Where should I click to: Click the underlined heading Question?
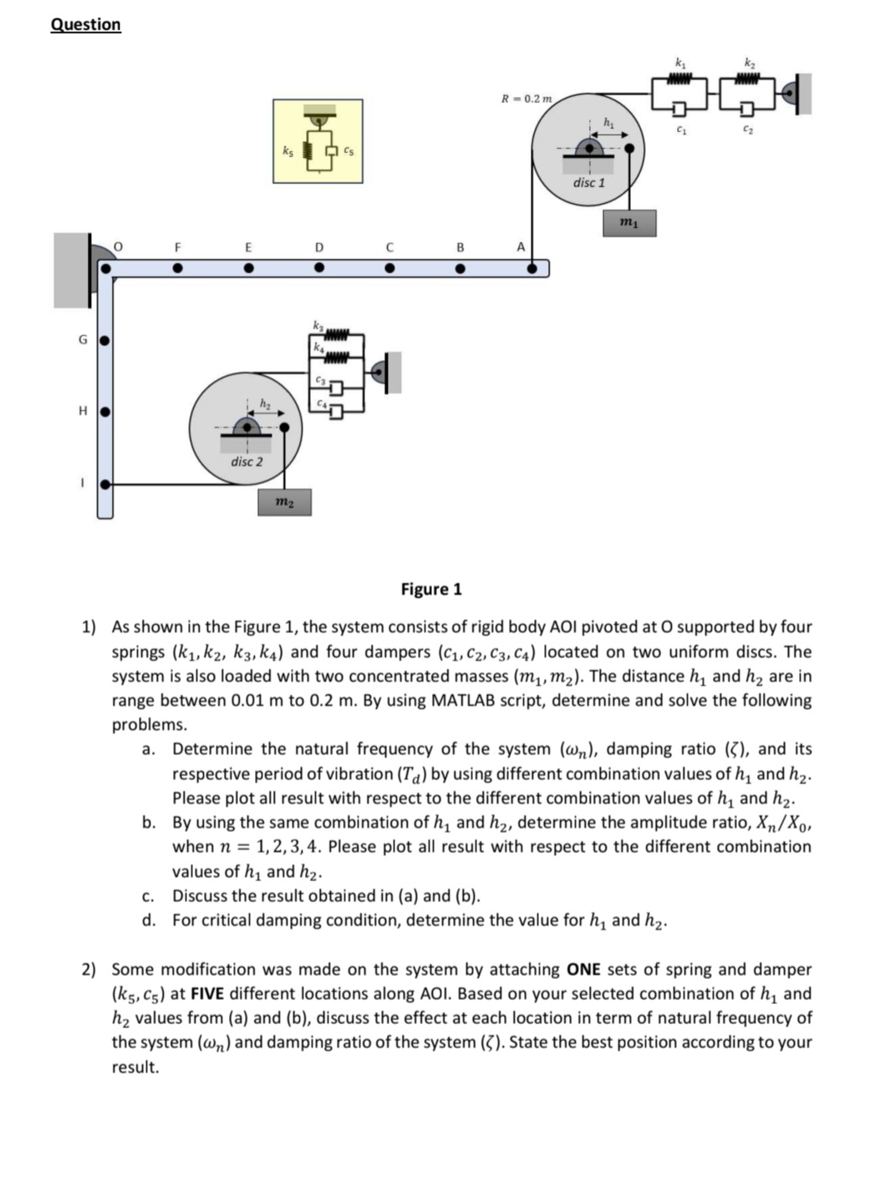pos(85,24)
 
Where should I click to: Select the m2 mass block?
pos(284,502)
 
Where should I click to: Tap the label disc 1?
pos(588,182)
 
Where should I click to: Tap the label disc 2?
pos(247,461)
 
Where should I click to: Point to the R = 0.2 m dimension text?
pos(526,99)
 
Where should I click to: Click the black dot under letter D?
pos(318,269)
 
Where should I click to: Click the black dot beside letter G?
pos(104,340)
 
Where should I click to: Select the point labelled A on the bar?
pos(532,269)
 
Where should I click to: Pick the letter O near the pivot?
pos(118,246)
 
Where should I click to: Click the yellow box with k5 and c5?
pos(318,141)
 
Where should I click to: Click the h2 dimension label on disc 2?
pos(264,404)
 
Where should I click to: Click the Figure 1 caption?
pos(430,589)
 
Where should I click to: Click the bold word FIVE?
pos(209,993)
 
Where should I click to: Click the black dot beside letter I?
pos(104,484)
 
